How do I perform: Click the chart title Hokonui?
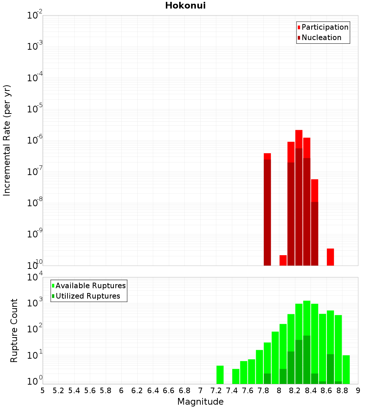coord(185,6)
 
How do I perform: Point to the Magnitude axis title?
coord(200,402)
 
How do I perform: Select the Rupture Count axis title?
coord(14,330)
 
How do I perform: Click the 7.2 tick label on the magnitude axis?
coord(216,391)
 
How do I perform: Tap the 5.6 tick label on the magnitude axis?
coord(90,391)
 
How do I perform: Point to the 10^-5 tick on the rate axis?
coord(35,109)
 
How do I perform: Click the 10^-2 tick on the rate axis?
coord(35,16)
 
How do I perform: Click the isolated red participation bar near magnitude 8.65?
coord(330,257)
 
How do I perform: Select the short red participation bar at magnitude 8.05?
coord(283,260)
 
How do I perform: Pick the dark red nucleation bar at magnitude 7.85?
coord(267,211)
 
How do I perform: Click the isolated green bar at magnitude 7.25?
coord(220,375)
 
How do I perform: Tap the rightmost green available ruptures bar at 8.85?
coord(346,369)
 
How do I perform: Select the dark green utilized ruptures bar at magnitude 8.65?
coord(330,369)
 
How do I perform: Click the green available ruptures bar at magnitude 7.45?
coord(236,376)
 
